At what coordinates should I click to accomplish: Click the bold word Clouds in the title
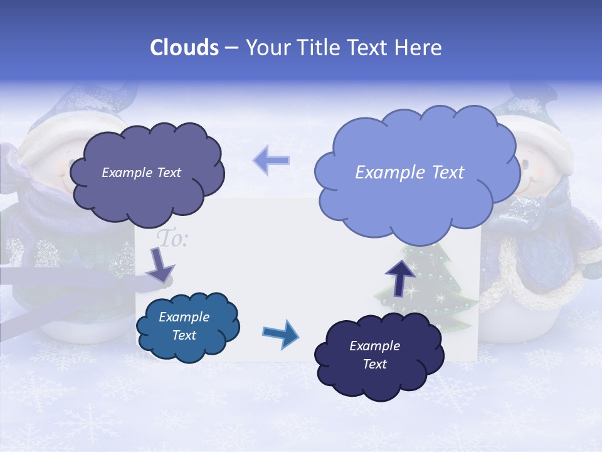(x=184, y=48)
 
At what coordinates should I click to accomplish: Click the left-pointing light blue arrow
(x=272, y=160)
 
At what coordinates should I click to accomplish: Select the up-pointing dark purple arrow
(x=399, y=277)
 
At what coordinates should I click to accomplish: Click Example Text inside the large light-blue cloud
(x=409, y=173)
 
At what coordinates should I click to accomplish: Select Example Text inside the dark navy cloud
(x=374, y=355)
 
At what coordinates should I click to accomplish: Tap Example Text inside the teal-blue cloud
(x=184, y=326)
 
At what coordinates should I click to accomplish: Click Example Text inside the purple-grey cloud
(x=141, y=173)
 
